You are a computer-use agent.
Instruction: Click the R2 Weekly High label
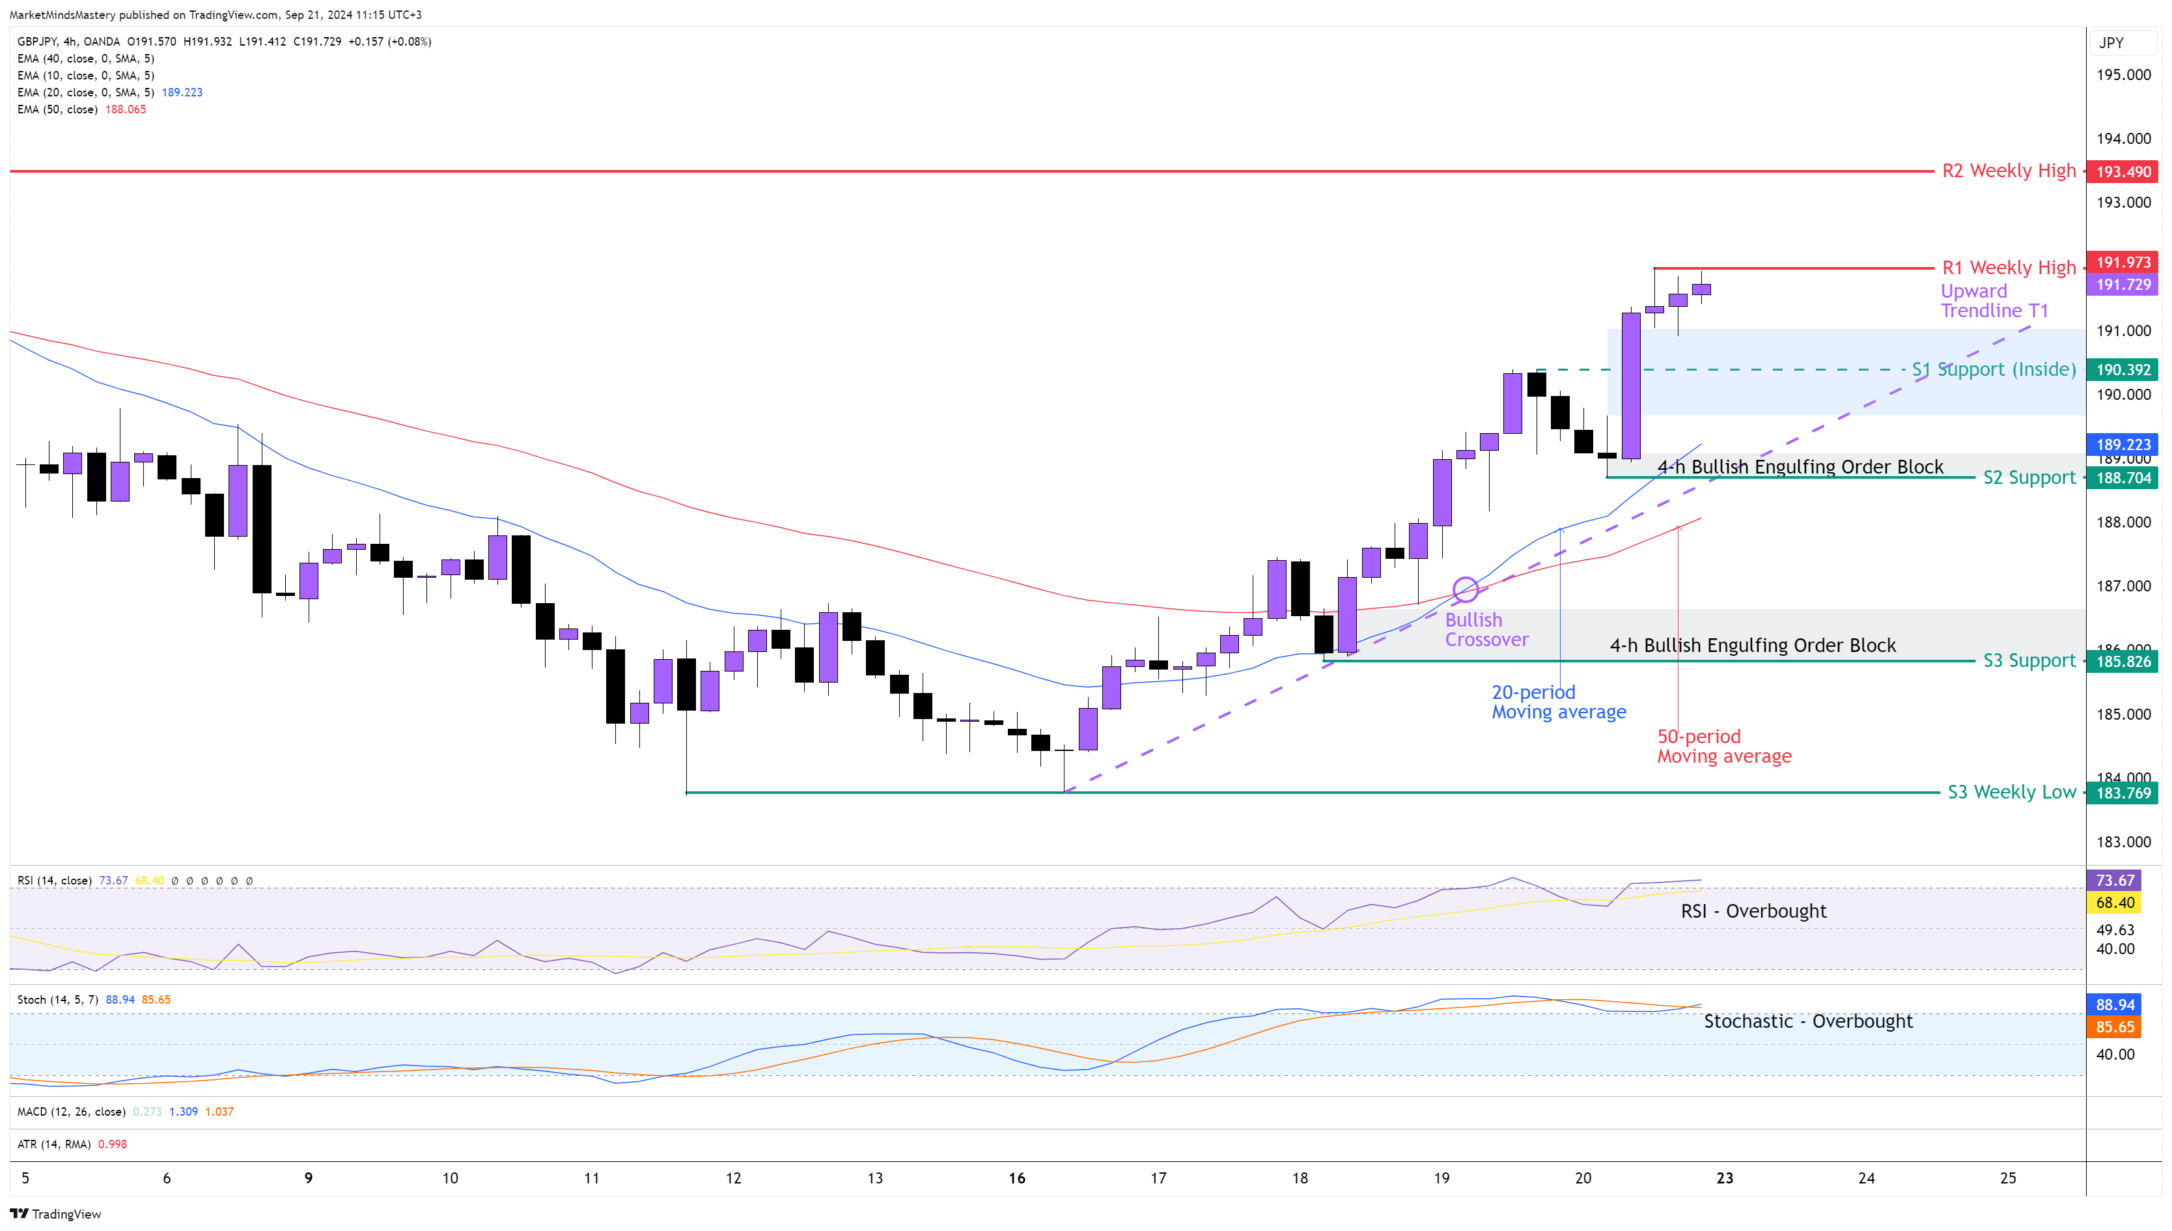[x=2008, y=171]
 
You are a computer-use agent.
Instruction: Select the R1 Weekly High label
[x=2008, y=268]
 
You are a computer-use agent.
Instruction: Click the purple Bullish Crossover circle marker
[x=1466, y=589]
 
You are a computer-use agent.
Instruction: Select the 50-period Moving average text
[x=1723, y=746]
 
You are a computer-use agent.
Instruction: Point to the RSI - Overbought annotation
[x=1753, y=911]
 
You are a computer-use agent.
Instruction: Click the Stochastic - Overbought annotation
[x=1808, y=1021]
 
